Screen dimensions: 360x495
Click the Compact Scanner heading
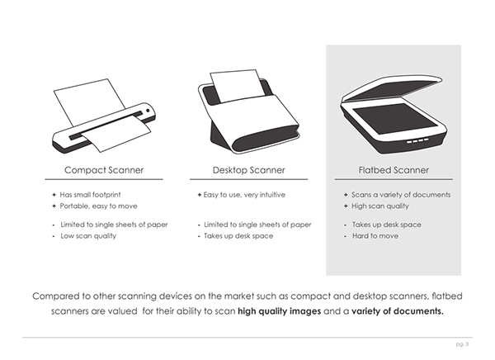click(104, 170)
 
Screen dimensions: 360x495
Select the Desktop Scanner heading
click(248, 170)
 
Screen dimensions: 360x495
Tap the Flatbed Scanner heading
click(393, 170)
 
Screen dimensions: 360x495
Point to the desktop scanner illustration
click(247, 111)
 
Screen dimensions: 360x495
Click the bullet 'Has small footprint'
click(92, 195)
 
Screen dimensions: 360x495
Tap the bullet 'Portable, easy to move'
click(98, 206)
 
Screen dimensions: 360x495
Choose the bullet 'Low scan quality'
click(89, 236)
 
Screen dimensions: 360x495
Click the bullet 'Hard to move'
click(375, 236)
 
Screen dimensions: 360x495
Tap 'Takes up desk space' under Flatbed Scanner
click(387, 225)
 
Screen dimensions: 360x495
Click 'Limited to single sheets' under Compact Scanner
click(115, 225)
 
